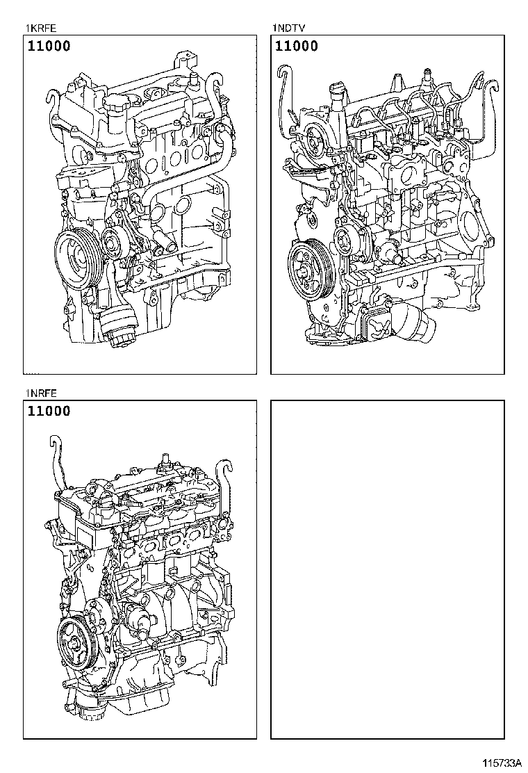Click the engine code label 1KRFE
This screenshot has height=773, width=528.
(x=40, y=29)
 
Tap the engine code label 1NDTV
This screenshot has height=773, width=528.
(x=288, y=29)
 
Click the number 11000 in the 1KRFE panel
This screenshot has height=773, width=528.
(x=49, y=47)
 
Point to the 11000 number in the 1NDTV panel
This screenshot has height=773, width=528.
(x=297, y=47)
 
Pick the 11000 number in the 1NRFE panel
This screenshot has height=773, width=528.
(x=49, y=412)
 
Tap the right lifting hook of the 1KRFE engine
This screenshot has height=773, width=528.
(x=212, y=87)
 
